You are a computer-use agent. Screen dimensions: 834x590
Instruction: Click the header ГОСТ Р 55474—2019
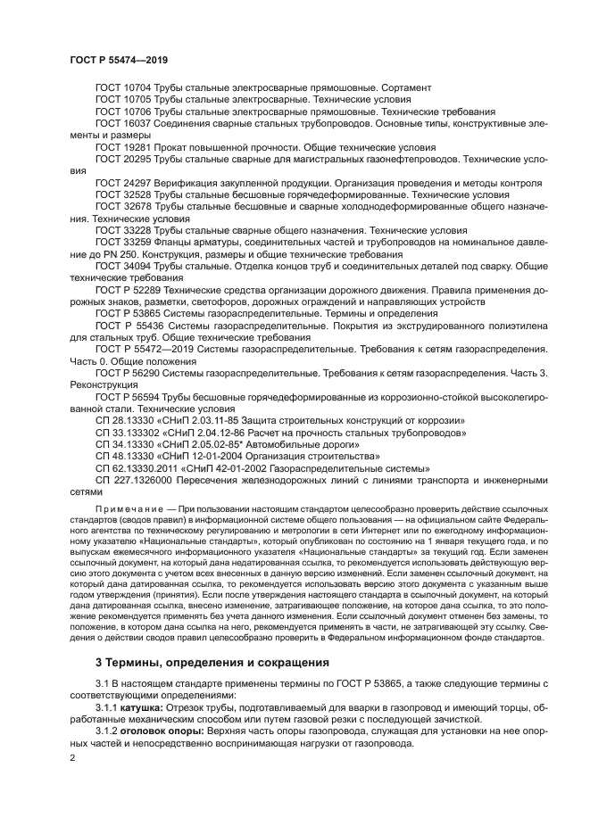click(x=119, y=59)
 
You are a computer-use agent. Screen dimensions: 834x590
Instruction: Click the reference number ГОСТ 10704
click(x=123, y=87)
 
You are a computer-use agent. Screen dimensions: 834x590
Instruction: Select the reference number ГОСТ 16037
click(x=123, y=123)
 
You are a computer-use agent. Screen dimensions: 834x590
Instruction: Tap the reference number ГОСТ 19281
click(x=123, y=146)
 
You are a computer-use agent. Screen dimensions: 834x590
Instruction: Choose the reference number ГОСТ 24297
click(x=123, y=182)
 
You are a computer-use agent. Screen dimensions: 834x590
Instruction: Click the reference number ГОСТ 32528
click(x=123, y=194)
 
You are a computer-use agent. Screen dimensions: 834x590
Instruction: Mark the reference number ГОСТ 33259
click(x=123, y=242)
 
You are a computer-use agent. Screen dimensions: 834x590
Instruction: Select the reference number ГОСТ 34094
click(x=123, y=266)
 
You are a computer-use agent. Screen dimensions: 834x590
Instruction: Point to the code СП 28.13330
click(x=124, y=420)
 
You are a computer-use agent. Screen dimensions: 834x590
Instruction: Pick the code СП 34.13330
click(x=124, y=444)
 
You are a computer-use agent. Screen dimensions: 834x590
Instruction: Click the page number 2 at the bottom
click(x=73, y=757)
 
